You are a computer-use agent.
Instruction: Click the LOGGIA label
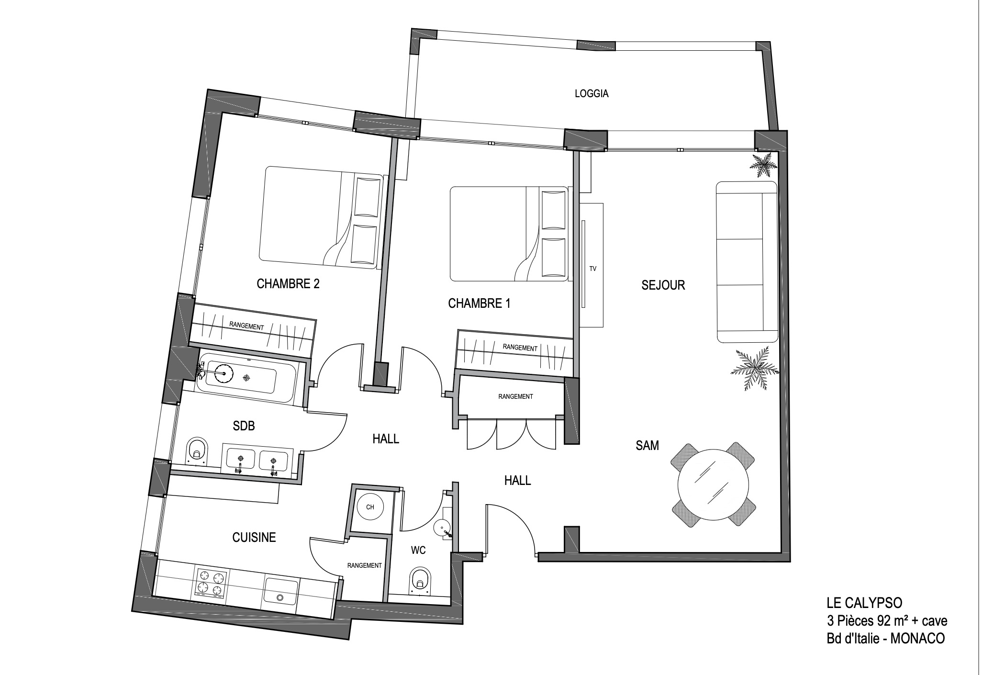(x=592, y=94)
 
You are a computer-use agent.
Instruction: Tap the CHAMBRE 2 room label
(x=288, y=284)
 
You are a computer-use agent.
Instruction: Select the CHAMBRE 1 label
(x=479, y=304)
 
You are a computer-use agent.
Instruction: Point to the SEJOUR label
(x=663, y=285)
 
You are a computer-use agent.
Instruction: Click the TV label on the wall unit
(x=593, y=269)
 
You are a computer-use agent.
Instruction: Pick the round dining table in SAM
(x=713, y=485)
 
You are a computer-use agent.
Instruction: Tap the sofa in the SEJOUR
(x=746, y=262)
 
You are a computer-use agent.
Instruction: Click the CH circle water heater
(x=370, y=507)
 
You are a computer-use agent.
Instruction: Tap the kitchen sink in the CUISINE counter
(x=281, y=592)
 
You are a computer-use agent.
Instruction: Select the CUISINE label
(x=254, y=538)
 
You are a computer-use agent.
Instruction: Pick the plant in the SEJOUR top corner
(x=763, y=165)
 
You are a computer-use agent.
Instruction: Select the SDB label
(x=244, y=426)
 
